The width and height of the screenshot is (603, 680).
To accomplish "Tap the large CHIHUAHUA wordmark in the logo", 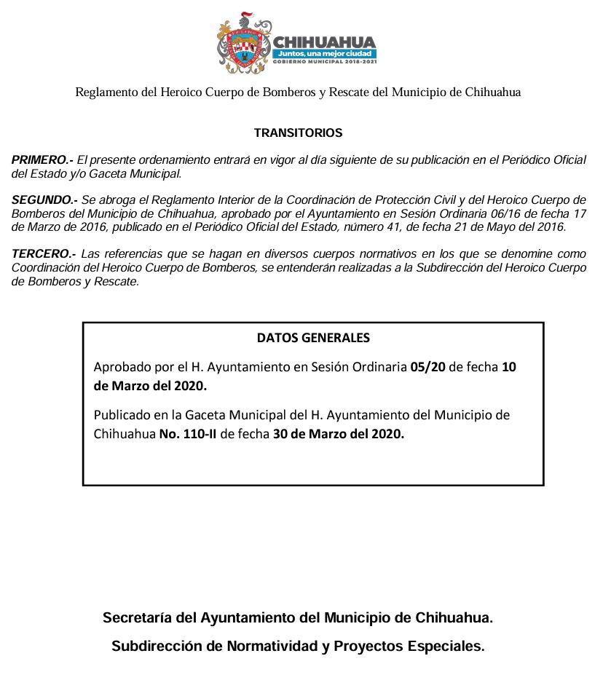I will point(323,41).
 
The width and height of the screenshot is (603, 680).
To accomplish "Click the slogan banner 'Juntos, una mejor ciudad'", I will point(325,54).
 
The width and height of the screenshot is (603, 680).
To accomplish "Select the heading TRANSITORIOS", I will point(298,133).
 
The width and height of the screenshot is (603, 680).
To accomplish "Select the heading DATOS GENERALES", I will point(313,339).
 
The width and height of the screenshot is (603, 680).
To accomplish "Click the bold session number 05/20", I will point(427,367).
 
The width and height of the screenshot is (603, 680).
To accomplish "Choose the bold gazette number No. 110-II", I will point(188,435).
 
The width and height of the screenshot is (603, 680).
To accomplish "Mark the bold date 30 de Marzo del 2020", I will point(338,435).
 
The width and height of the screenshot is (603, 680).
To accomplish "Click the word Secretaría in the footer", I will point(138,618).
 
